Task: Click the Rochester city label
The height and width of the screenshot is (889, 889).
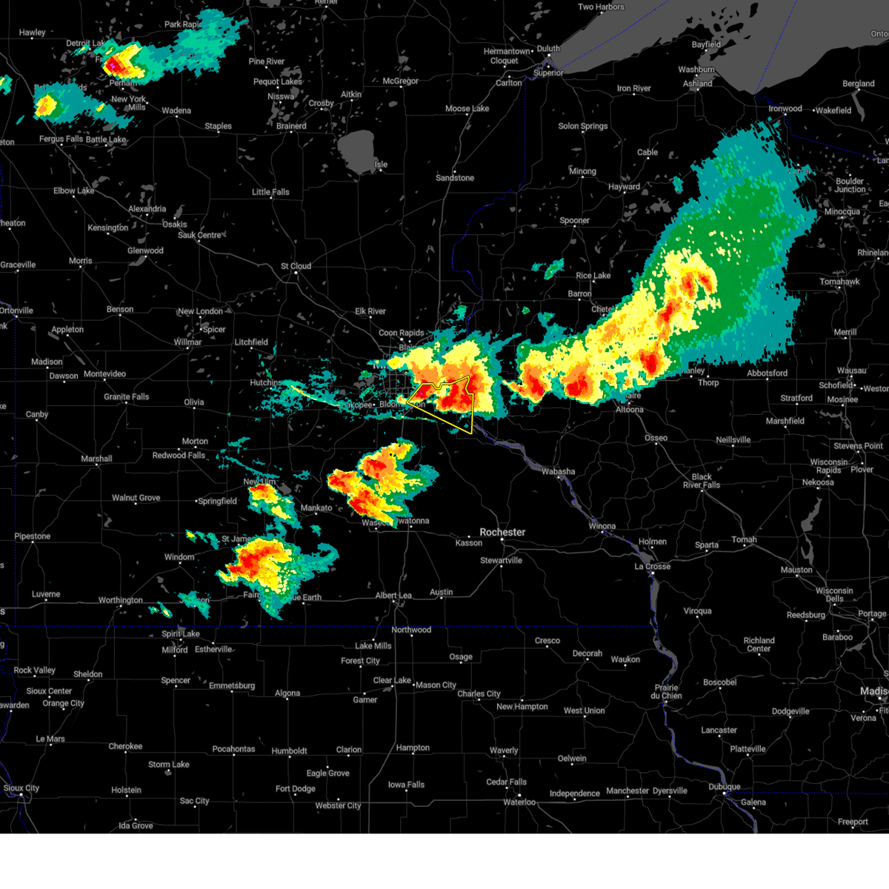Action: tap(502, 532)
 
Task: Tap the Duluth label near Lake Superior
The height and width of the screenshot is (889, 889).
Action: tap(548, 49)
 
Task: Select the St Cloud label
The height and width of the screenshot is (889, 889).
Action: tap(296, 266)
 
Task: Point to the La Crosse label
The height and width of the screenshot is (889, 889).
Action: tap(652, 566)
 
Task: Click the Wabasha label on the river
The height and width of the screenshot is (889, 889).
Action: tap(558, 471)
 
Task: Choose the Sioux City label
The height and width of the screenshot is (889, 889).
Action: tap(21, 788)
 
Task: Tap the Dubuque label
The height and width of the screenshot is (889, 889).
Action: tap(724, 786)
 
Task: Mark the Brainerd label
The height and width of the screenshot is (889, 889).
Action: tap(291, 126)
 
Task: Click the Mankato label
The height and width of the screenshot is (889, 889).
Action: tap(316, 507)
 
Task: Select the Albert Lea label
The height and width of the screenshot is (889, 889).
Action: tap(393, 595)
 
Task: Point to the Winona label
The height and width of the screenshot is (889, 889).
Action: tap(602, 526)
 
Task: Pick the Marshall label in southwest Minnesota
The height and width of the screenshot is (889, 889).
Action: tap(96, 459)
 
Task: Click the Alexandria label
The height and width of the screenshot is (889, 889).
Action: tap(147, 209)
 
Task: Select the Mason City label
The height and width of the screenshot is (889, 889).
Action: tap(436, 685)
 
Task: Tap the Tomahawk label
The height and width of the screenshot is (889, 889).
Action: tap(839, 282)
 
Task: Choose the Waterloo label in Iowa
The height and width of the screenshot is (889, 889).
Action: tap(519, 802)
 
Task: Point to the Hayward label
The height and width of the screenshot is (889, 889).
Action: tap(624, 187)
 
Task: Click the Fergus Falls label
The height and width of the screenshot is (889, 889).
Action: tap(61, 139)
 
